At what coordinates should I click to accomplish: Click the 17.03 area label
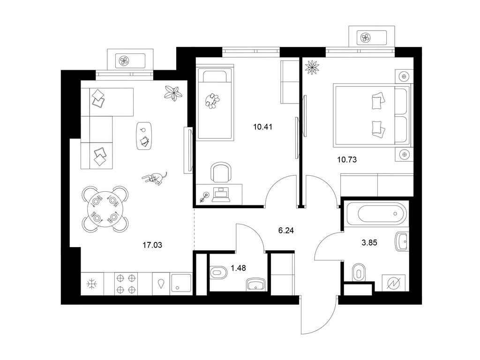coord(152,245)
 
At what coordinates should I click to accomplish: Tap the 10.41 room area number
coord(262,127)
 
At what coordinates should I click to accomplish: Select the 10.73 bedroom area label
coord(347,159)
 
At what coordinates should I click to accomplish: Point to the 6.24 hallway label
coord(286,231)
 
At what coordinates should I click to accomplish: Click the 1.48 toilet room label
coord(238,268)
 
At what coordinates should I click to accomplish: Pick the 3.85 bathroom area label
coord(369,243)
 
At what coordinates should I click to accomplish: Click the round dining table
coord(105,209)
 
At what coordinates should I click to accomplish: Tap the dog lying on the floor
coord(155,178)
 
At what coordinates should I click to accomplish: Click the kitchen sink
coord(181,284)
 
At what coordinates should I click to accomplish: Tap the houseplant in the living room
coord(173,93)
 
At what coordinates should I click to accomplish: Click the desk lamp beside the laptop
coord(204,197)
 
